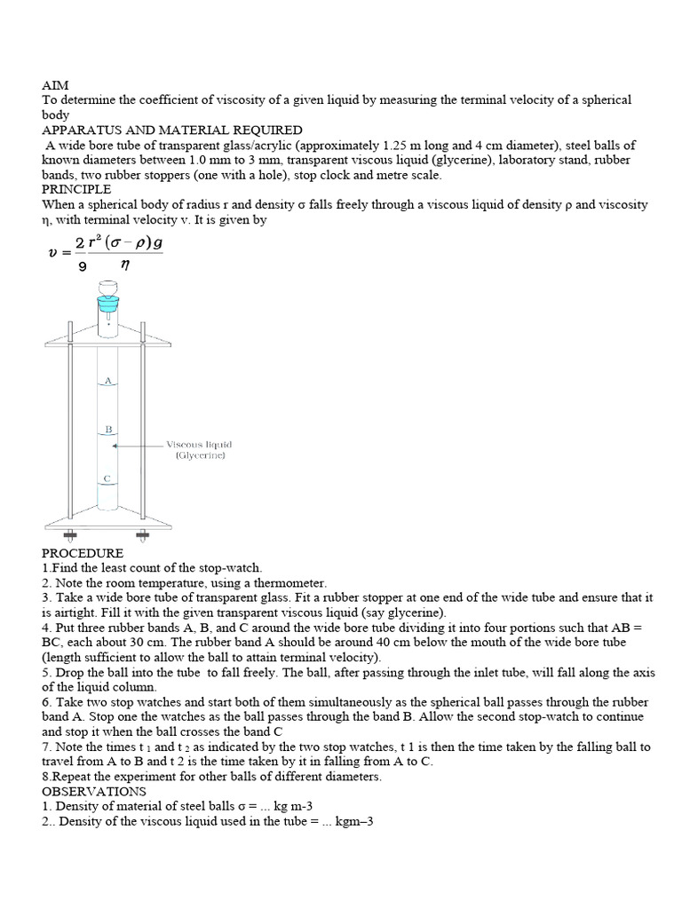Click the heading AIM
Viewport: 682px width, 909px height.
coord(55,85)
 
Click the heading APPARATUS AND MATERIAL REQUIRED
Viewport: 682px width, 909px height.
coord(172,130)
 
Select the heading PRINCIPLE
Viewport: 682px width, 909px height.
coord(76,189)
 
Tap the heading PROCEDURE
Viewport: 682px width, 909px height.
coord(83,552)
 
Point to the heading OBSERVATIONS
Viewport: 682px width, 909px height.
coord(94,791)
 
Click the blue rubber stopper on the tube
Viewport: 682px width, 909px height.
coord(107,303)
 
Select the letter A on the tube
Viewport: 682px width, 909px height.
coord(107,380)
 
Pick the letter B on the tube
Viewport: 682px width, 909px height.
coord(107,429)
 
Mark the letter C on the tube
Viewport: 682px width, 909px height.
coord(107,478)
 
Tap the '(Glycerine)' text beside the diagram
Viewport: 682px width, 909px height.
coord(201,455)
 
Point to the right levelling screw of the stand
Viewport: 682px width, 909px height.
coord(142,535)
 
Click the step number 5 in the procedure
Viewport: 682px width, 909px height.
coord(45,673)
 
